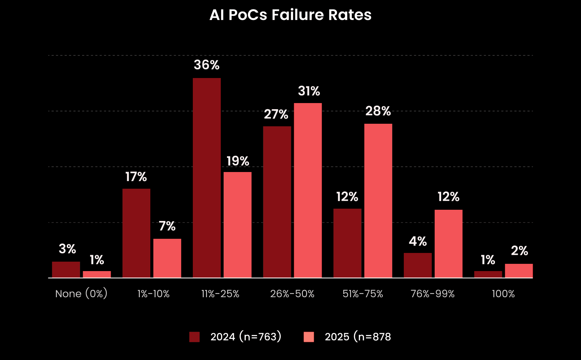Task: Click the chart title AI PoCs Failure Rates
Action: click(x=290, y=15)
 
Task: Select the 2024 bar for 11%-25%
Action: click(x=207, y=178)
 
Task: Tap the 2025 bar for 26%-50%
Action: click(x=308, y=191)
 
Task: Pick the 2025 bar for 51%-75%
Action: click(x=378, y=201)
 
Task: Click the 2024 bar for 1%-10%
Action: click(x=136, y=233)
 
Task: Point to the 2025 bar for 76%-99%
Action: click(x=448, y=244)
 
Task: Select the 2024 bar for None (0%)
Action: click(x=66, y=270)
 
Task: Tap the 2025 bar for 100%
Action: click(x=519, y=271)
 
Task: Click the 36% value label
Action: click(x=207, y=65)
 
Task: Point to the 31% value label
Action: click(x=309, y=91)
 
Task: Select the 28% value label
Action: click(x=378, y=111)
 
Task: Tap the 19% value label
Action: click(x=238, y=161)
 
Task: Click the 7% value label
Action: click(x=167, y=226)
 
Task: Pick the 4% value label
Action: click(x=418, y=241)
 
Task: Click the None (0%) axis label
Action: click(x=81, y=294)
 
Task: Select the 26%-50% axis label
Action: click(x=292, y=294)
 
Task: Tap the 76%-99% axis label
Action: click(x=432, y=294)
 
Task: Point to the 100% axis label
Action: click(x=503, y=294)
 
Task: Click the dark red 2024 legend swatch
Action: click(x=195, y=337)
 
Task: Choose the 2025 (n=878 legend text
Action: click(x=358, y=337)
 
